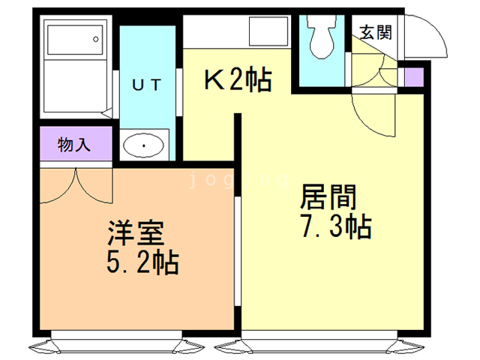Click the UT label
click(146, 84)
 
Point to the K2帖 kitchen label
click(238, 79)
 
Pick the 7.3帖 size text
click(335, 226)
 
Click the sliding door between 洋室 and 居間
click(238, 247)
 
